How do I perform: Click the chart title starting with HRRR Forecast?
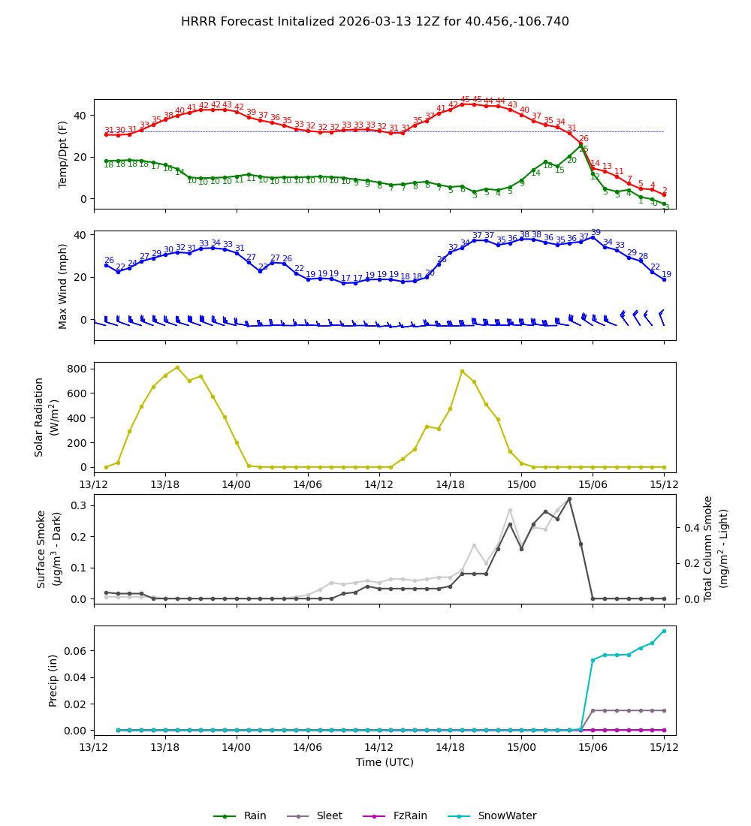pyautogui.click(x=375, y=22)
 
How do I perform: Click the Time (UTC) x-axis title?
pyautogui.click(x=385, y=762)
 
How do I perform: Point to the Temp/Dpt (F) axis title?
pyautogui.click(x=64, y=154)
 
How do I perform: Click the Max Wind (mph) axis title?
pyautogui.click(x=64, y=285)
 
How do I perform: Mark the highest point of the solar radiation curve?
pyautogui.click(x=177, y=367)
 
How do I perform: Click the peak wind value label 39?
pyautogui.click(x=596, y=233)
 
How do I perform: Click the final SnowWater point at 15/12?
pyautogui.click(x=664, y=631)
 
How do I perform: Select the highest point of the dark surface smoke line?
pyautogui.click(x=569, y=499)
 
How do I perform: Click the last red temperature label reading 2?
pyautogui.click(x=665, y=191)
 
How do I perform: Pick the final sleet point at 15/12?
pyautogui.click(x=664, y=710)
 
